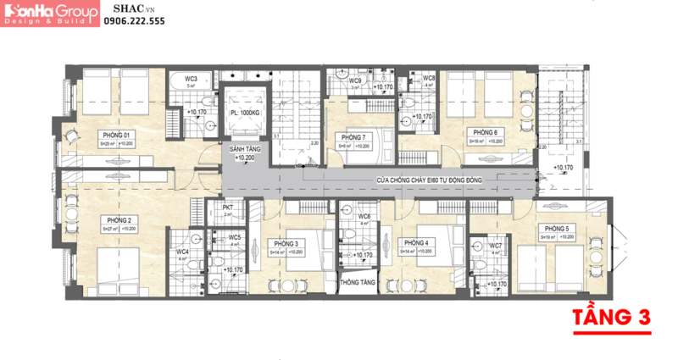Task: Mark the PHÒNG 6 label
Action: click(484, 132)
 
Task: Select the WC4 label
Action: click(182, 252)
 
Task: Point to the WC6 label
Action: click(364, 217)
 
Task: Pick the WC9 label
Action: click(356, 80)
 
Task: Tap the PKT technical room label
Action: click(228, 207)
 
